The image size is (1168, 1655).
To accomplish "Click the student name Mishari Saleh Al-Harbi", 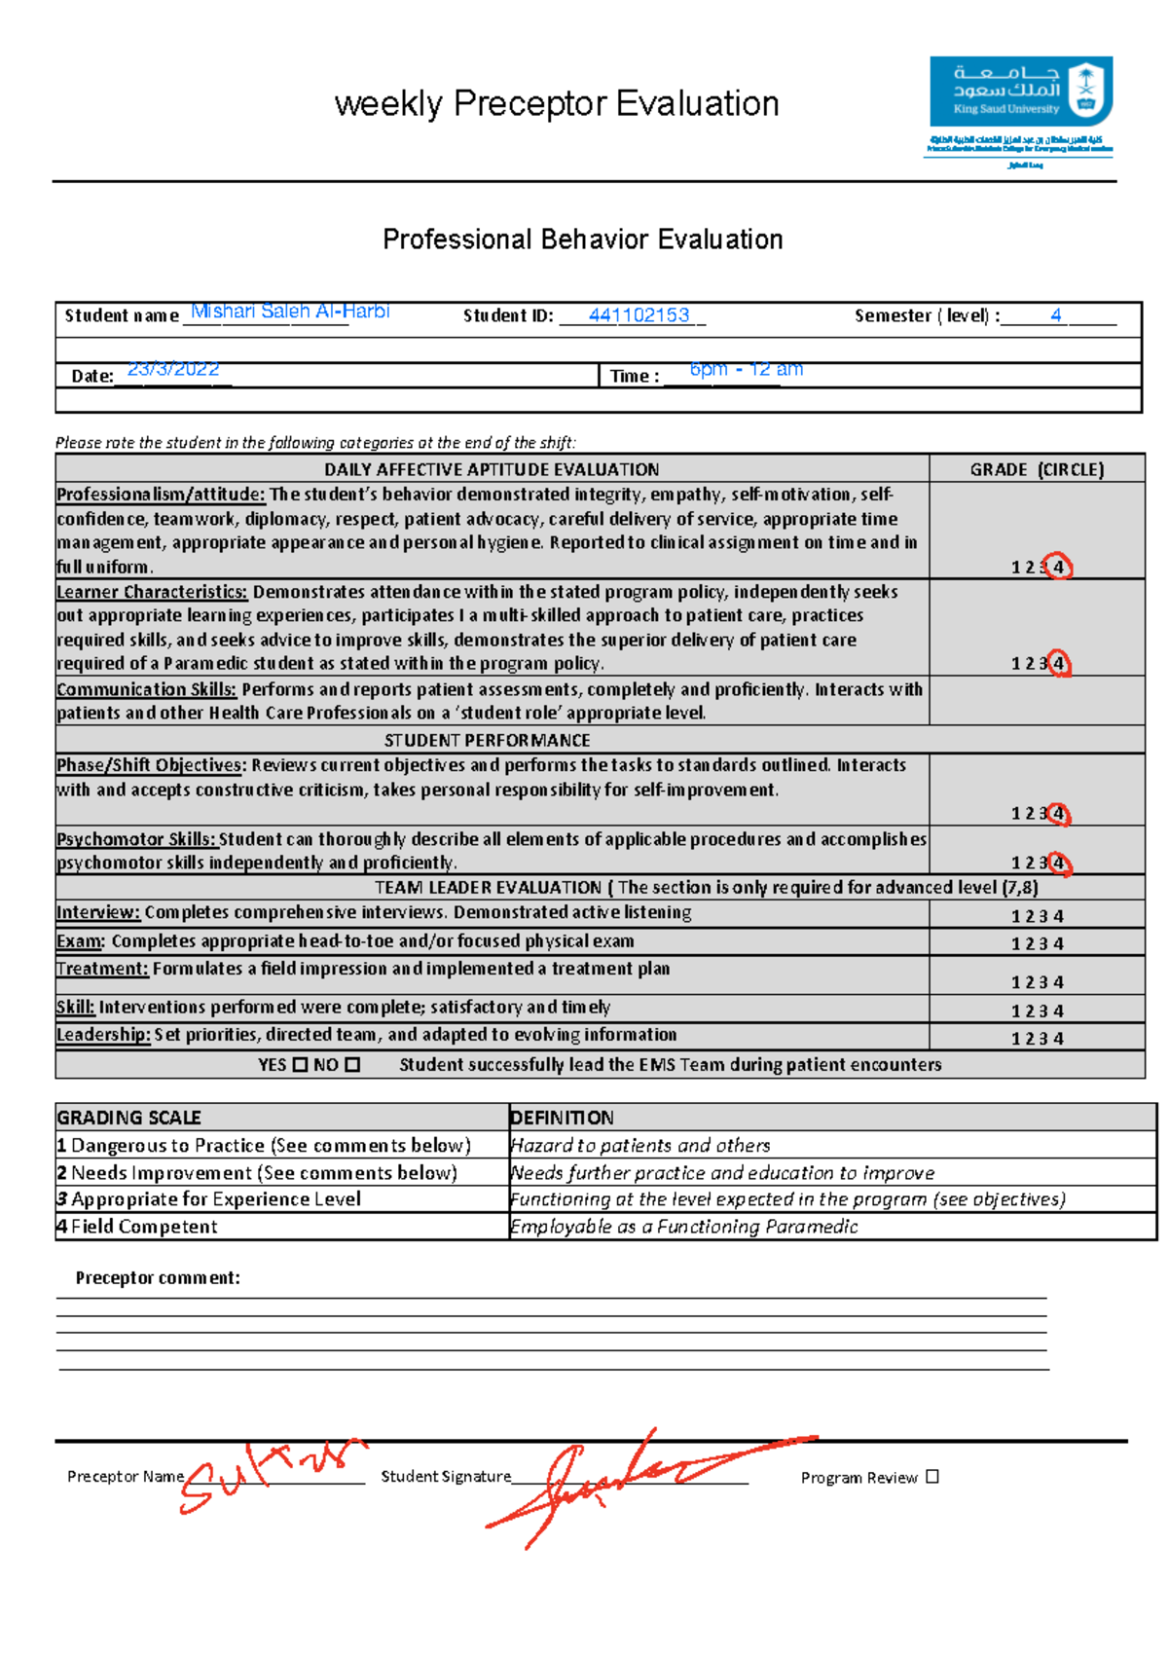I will coord(290,312).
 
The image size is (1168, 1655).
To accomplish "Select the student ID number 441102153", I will coord(639,315).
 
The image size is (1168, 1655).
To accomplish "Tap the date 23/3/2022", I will coord(173,369).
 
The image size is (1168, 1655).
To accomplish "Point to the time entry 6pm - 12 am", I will coord(746,369).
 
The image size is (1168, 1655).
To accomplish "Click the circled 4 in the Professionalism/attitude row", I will coord(1058,567).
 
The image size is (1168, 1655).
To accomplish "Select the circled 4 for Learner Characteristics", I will coord(1058,663).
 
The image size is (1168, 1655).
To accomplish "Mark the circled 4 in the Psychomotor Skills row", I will coord(1058,863).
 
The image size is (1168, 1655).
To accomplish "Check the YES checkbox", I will coord(300,1065).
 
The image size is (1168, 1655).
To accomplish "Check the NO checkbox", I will coord(352,1065).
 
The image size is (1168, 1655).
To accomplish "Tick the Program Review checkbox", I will coord(932,1477).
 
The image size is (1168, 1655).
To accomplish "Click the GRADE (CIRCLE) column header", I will coord(1037,469).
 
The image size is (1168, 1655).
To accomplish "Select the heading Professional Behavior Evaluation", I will coord(582,239).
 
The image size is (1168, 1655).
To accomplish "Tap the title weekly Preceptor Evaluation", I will coord(556,103).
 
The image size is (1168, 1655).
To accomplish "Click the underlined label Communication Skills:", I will coord(146,689).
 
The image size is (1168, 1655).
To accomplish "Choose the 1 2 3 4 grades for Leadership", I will coord(1037,1039).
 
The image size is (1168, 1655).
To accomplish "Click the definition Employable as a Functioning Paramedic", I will coord(683,1227).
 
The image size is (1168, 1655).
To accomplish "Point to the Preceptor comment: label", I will coord(158,1278).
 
